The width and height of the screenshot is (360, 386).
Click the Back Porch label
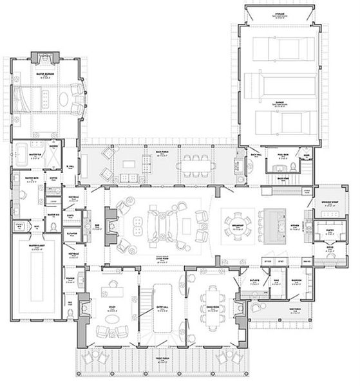[x=163, y=153]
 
